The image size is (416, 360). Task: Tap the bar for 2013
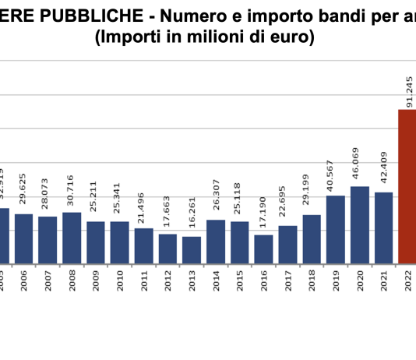pos(192,249)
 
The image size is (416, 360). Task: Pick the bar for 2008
pos(72,237)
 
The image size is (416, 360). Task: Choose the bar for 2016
pos(263,249)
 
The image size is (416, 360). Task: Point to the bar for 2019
pos(336,229)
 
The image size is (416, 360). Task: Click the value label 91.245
pos(408,91)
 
